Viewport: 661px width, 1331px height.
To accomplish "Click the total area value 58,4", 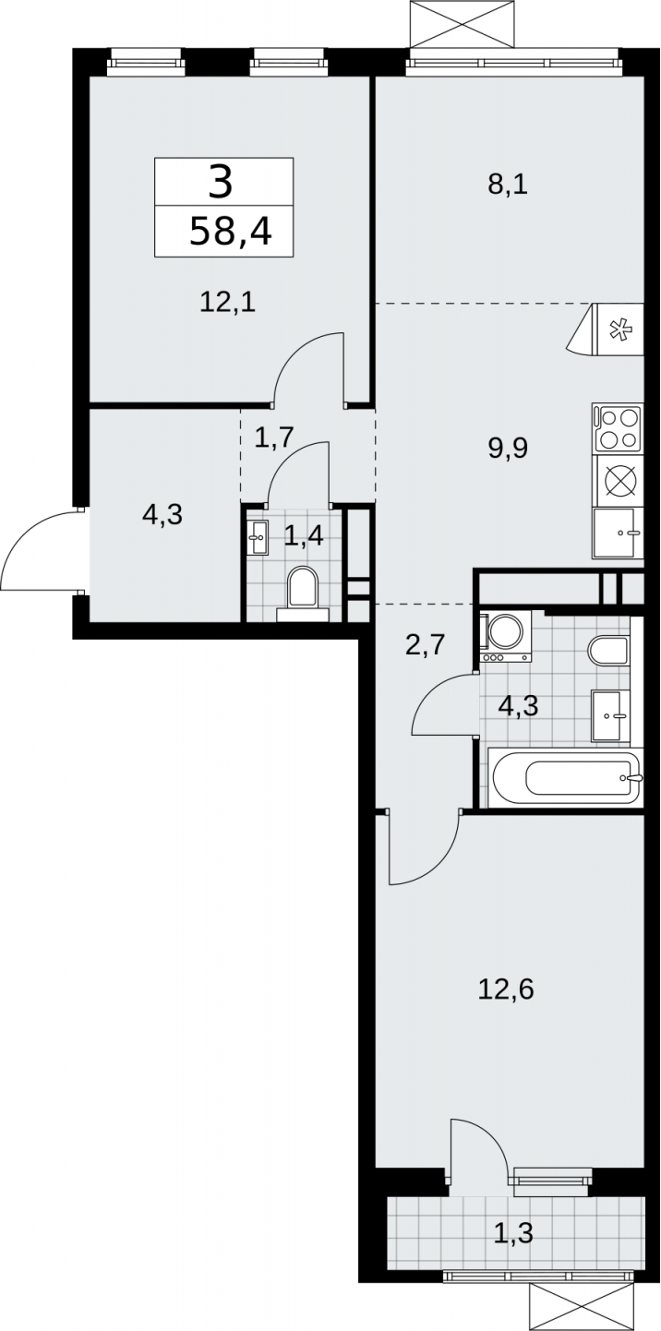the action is coord(231,232).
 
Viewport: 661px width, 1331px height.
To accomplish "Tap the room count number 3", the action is coord(222,183).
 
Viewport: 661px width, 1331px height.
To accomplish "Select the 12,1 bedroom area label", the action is coord(228,303).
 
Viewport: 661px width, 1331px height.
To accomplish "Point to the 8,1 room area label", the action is coord(508,186).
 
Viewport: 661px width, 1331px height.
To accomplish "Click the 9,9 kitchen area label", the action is coord(509,448).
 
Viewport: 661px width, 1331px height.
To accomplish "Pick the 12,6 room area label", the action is coord(507,989).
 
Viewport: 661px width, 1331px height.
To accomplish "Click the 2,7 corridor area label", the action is coord(425,644).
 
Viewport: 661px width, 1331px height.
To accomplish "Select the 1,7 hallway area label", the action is coord(274,438).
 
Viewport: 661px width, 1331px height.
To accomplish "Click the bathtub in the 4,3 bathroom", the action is coord(564,777).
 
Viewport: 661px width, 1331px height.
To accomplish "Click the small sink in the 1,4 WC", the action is coord(258,537).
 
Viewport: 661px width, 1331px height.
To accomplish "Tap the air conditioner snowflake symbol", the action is coord(619,330).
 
